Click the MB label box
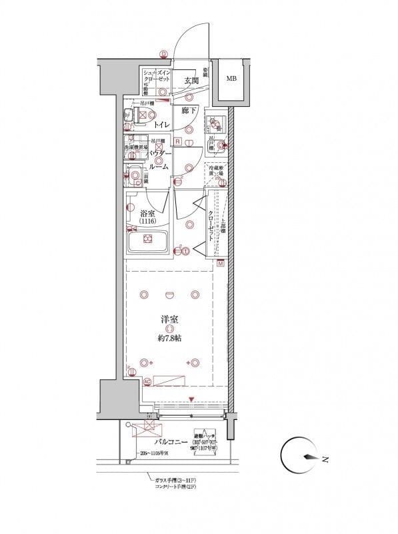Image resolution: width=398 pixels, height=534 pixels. coord(231,79)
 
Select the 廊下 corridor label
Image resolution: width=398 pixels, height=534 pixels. coord(189,111)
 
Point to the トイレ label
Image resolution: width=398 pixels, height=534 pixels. coord(159,125)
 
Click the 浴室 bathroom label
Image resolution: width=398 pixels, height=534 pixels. coord(148,214)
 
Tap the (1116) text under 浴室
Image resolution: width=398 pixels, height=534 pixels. coord(148,222)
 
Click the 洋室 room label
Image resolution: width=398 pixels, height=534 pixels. coord(169,319)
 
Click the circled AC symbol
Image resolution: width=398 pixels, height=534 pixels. coord(147,381)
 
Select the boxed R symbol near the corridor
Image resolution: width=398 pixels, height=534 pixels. coord(177,142)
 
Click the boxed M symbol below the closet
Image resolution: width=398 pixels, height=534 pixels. coord(221,265)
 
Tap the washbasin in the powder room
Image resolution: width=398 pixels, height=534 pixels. coord(135,176)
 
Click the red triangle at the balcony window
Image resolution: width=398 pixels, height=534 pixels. coord(192,400)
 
